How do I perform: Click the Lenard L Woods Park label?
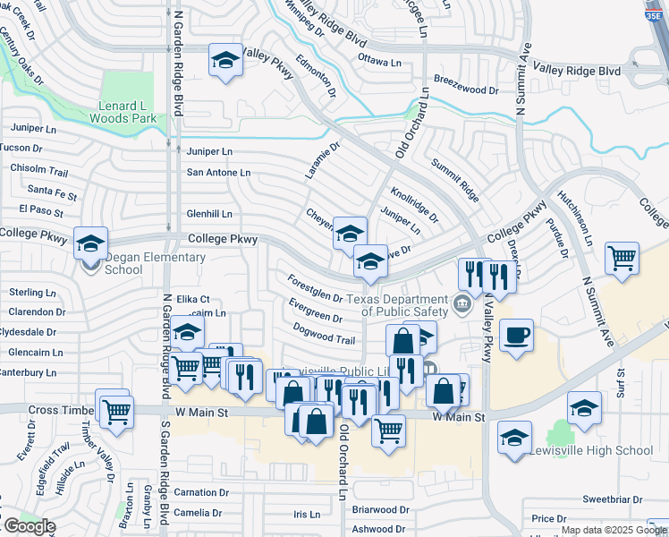pos(127,110)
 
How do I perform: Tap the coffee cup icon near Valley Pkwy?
pos(516,337)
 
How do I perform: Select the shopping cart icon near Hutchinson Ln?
pos(622,259)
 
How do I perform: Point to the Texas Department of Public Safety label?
pos(397,305)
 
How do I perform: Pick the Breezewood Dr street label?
pos(466,90)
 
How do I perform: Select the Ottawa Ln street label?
pos(379,63)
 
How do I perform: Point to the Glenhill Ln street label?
pos(209,214)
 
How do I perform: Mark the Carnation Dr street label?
pos(195,492)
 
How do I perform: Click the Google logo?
pos(29,526)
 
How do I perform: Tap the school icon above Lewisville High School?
pos(584,408)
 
